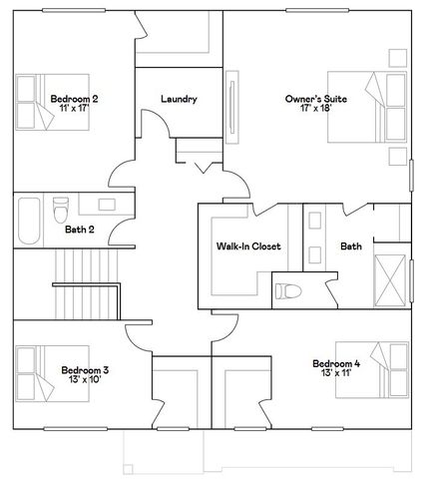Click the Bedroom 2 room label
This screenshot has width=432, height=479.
[74, 99]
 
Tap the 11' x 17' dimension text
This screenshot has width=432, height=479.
[74, 109]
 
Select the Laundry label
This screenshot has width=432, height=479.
[179, 99]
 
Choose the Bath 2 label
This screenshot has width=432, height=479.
[79, 230]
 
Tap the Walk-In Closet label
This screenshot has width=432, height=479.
[248, 245]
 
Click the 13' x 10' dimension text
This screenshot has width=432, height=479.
[85, 379]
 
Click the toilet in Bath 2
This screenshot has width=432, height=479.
[60, 211]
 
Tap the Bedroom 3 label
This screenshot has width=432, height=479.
[85, 369]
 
